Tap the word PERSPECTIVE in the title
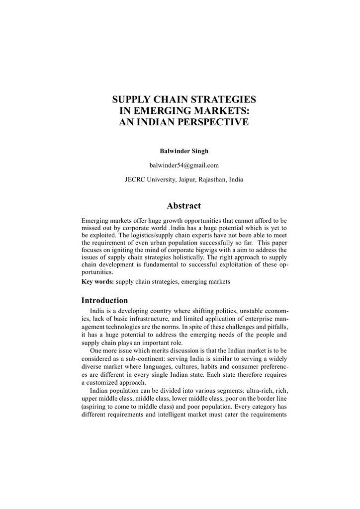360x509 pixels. click(209, 121)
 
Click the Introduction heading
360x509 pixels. click(104, 300)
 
